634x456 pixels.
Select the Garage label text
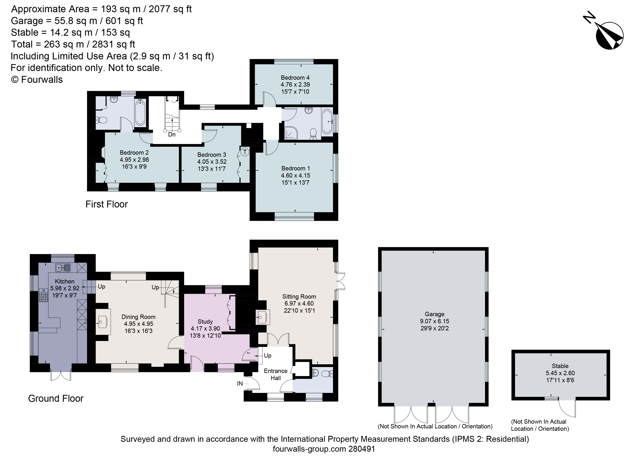(435, 314)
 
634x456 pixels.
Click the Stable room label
(560, 366)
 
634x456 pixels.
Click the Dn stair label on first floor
(172, 134)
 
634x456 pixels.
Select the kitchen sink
(63, 268)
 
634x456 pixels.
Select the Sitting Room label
(299, 296)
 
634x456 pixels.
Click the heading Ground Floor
(56, 398)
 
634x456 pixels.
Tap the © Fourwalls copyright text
(37, 80)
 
